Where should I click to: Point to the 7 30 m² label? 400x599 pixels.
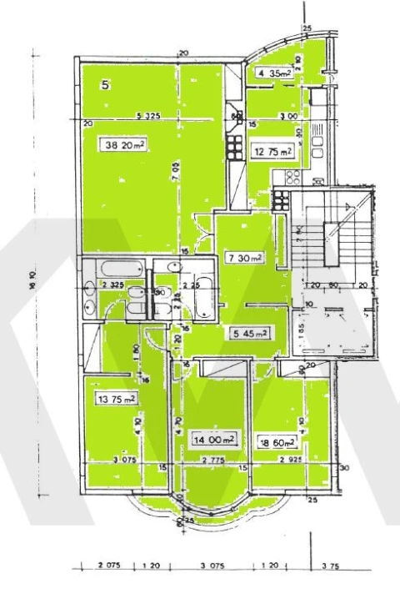pos(243,258)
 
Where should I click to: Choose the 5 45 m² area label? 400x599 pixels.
pos(249,334)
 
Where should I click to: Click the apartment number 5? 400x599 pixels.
pos(106,84)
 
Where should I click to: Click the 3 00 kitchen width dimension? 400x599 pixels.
pos(289,116)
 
